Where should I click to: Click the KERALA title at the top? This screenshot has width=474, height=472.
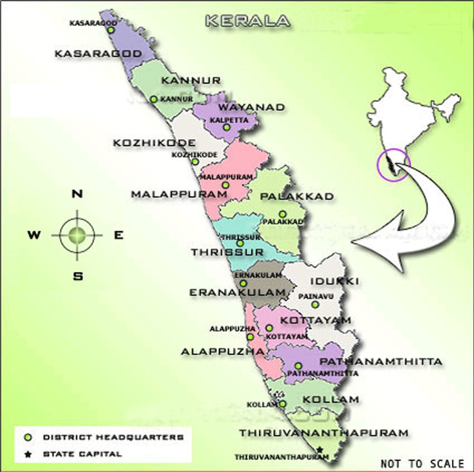[247, 21]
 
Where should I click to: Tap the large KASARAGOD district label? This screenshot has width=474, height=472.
[98, 54]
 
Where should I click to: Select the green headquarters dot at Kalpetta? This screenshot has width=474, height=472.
[227, 127]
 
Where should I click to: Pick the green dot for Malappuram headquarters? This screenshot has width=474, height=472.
[225, 185]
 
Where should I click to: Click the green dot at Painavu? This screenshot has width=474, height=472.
[315, 304]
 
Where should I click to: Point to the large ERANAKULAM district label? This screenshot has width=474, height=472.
[236, 293]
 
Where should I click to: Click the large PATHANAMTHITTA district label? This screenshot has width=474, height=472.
[381, 362]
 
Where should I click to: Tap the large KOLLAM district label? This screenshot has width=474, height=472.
[330, 399]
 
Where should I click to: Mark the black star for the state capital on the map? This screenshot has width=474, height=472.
[320, 450]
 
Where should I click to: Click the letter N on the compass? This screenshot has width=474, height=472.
[77, 194]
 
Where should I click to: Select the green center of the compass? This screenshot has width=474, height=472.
[77, 234]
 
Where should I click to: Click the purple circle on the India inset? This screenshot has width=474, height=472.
[393, 164]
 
